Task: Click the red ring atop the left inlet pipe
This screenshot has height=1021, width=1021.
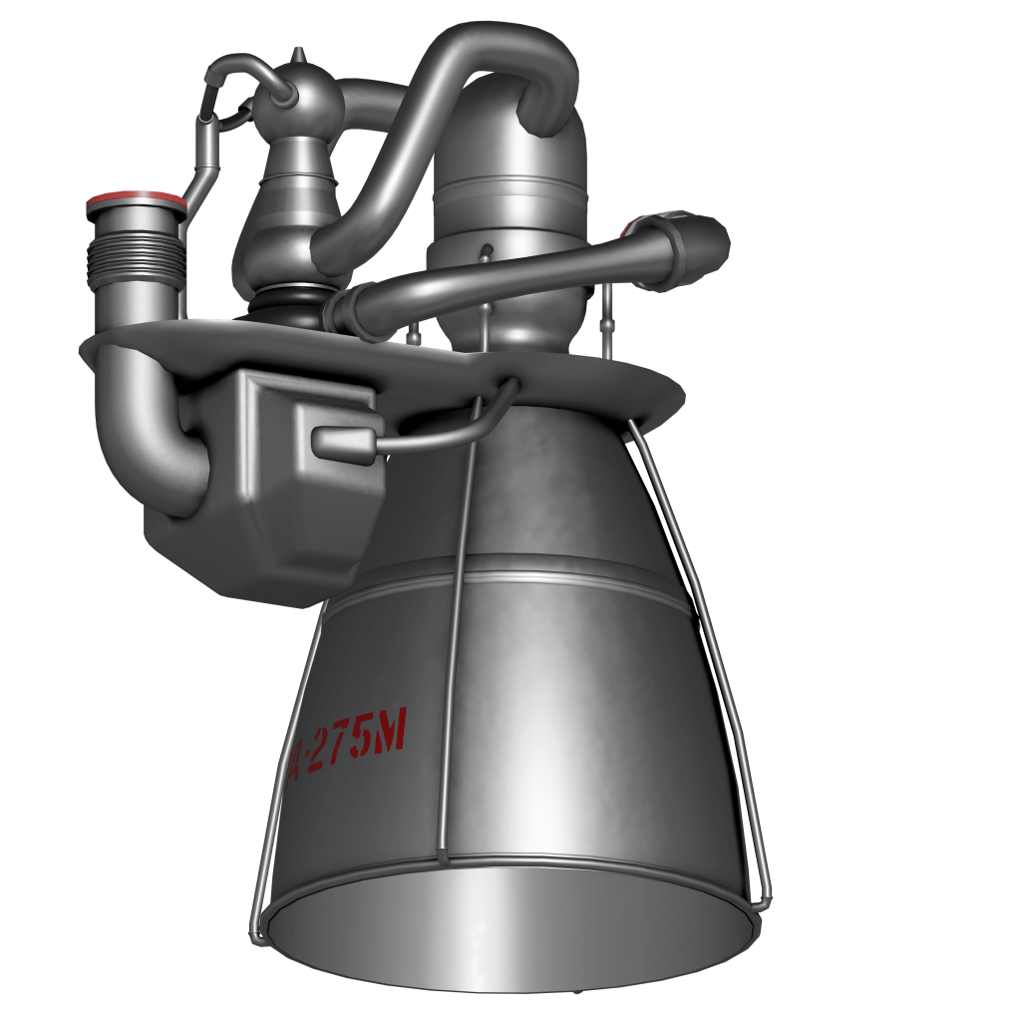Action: click(136, 202)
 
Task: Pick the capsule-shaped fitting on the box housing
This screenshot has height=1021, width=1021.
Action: click(345, 440)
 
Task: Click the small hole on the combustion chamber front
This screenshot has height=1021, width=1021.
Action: click(486, 249)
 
